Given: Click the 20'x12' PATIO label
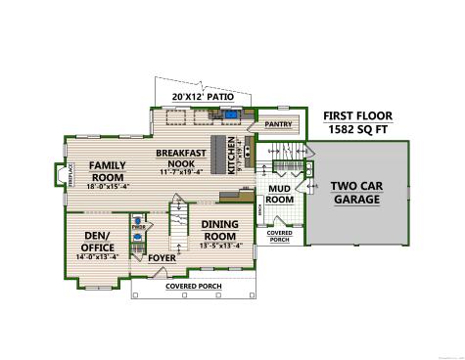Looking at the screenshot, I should pyautogui.click(x=199, y=97).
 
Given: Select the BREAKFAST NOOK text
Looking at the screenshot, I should pyautogui.click(x=181, y=158).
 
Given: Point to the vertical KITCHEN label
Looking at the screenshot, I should pyautogui.click(x=232, y=156).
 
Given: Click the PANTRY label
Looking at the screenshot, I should pyautogui.click(x=279, y=124).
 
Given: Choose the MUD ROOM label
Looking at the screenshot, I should pyautogui.click(x=280, y=194).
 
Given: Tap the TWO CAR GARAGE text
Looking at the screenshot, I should pyautogui.click(x=356, y=192).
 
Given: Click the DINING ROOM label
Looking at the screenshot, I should pyautogui.click(x=220, y=230).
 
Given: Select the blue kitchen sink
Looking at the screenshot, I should pyautogui.click(x=232, y=114).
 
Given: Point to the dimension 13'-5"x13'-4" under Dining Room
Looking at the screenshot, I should pyautogui.click(x=220, y=246).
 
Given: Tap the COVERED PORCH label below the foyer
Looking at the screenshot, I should pyautogui.click(x=193, y=286).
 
